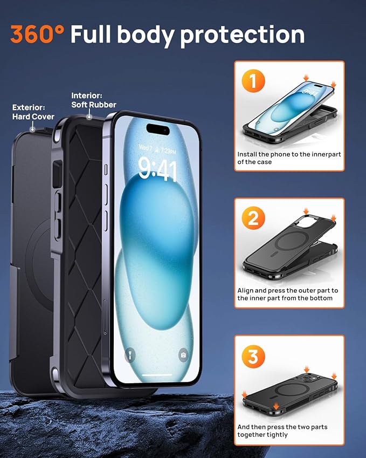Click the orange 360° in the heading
tap(37, 34)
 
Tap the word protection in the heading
tap(243, 35)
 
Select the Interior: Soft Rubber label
tap(93, 100)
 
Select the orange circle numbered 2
tap(253, 218)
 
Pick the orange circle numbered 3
tap(253, 356)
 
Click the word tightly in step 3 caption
tap(277, 434)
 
